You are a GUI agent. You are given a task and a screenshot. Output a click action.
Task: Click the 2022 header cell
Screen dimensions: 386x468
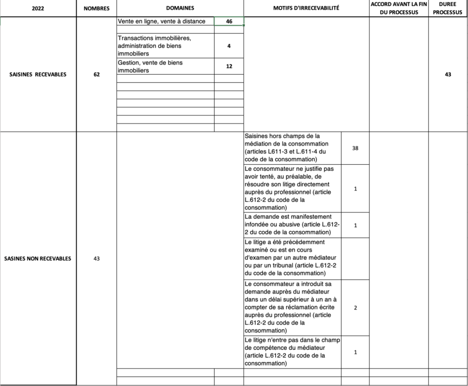pos(38,9)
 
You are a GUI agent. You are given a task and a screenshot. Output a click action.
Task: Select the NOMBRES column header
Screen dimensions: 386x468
pos(96,9)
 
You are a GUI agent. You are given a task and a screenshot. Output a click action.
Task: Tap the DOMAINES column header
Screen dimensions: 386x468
pos(180,9)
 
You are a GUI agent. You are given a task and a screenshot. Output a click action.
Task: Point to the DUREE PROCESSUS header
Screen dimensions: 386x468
pos(448,9)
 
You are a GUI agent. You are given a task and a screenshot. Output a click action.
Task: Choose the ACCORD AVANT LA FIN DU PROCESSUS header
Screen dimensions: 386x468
pos(399,9)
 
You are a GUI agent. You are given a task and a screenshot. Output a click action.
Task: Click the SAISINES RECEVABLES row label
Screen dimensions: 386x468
pos(38,74)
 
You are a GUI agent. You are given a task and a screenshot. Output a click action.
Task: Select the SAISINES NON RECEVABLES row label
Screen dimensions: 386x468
pos(38,258)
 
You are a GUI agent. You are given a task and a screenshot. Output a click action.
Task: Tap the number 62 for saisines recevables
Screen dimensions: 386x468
pos(96,74)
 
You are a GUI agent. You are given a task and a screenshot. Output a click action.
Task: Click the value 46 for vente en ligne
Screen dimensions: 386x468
pos(229,22)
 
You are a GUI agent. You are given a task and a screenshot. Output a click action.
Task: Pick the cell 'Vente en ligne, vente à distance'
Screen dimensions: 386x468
pos(161,22)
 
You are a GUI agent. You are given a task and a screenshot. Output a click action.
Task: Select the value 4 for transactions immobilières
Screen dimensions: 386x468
pos(229,46)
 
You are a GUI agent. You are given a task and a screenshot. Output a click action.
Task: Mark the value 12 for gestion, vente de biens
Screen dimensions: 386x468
pos(229,66)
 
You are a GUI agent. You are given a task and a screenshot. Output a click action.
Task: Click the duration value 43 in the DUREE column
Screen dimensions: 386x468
pos(448,74)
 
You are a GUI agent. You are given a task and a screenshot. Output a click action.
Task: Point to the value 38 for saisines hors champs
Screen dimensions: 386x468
pos(355,148)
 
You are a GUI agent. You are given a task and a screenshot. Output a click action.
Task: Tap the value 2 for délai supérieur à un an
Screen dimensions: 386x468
pos(355,308)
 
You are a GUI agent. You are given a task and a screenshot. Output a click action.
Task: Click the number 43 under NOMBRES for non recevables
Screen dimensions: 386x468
pos(96,258)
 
